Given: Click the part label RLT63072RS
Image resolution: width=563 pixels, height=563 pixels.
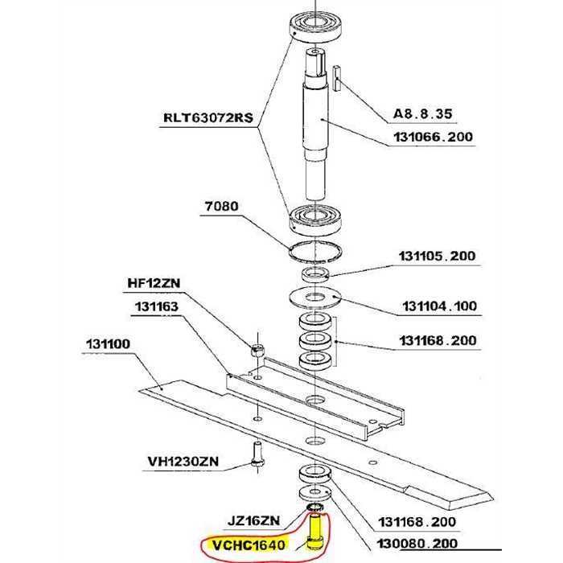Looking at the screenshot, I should point(208,116).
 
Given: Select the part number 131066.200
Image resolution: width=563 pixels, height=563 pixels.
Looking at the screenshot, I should point(433,138).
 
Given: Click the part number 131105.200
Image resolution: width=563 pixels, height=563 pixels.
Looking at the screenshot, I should point(437,257).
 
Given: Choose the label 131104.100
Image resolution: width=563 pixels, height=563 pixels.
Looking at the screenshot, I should point(438,306).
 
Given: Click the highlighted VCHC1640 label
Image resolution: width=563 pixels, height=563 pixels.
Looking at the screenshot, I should point(248,546).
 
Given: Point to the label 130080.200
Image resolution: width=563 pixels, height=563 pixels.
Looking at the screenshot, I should point(417,545).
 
